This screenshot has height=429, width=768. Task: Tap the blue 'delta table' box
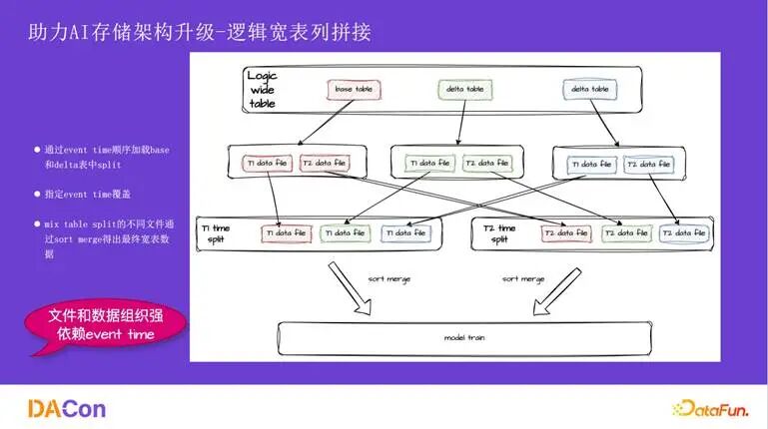(589, 90)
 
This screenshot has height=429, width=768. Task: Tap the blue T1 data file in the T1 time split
(404, 233)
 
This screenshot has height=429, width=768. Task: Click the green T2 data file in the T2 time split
(627, 233)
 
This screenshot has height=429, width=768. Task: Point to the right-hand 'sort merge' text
(524, 279)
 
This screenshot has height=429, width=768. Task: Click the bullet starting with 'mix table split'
(103, 238)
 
